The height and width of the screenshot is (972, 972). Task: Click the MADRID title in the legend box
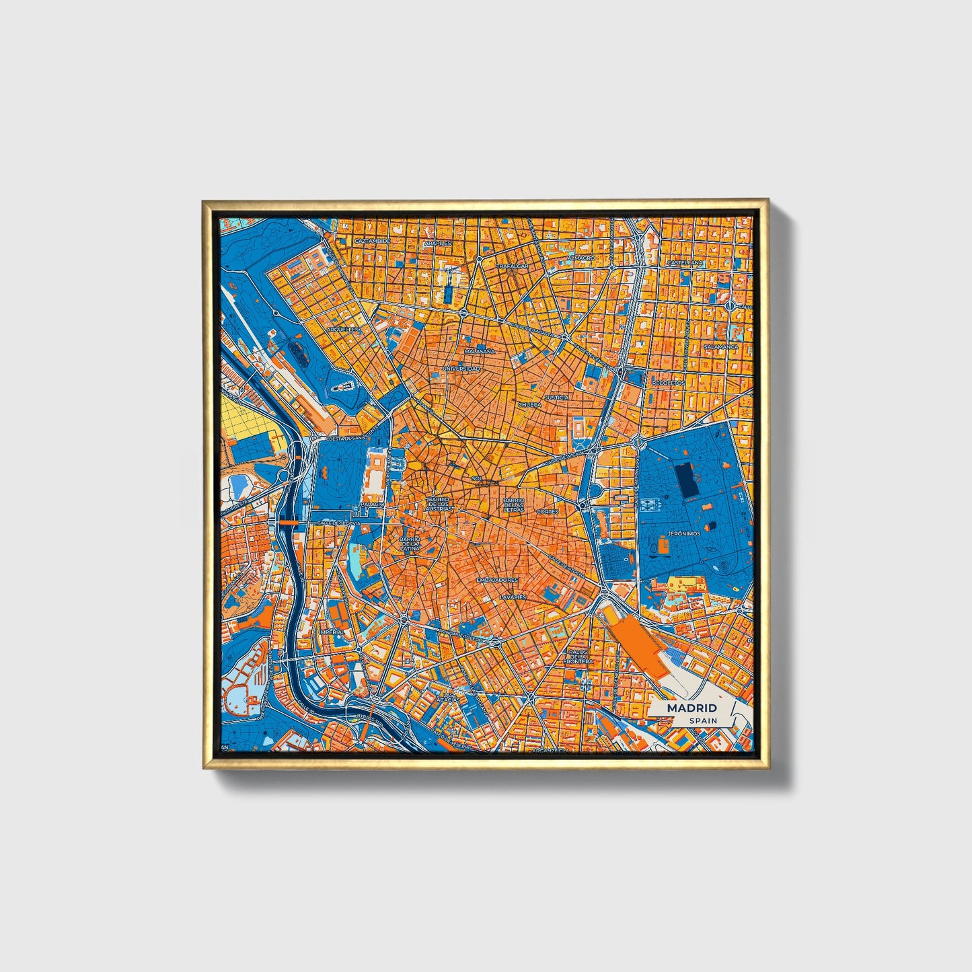pyautogui.click(x=691, y=708)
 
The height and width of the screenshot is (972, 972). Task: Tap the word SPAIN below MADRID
pyautogui.click(x=702, y=720)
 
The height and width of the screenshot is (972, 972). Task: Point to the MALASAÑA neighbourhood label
pyautogui.click(x=480, y=351)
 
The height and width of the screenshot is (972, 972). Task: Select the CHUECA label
pyautogui.click(x=529, y=405)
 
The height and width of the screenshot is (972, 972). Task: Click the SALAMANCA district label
pyautogui.click(x=720, y=347)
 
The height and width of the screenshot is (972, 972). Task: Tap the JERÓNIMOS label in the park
pyautogui.click(x=683, y=533)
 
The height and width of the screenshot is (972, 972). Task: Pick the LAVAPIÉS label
pyautogui.click(x=512, y=597)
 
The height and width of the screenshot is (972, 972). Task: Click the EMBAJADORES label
pyautogui.click(x=496, y=579)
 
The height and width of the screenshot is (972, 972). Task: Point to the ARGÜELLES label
pyautogui.click(x=342, y=330)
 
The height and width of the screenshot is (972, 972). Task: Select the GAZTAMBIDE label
pyautogui.click(x=372, y=240)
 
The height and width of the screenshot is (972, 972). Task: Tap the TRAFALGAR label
pyautogui.click(x=513, y=266)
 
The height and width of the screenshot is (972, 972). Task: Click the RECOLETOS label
pyautogui.click(x=668, y=383)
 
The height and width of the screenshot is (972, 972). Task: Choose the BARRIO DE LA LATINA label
pyautogui.click(x=410, y=544)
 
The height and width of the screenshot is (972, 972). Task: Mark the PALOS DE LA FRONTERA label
pyautogui.click(x=578, y=657)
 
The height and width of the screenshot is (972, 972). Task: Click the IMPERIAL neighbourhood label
pyautogui.click(x=332, y=632)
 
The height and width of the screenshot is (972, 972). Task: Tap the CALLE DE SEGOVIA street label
pyautogui.click(x=339, y=522)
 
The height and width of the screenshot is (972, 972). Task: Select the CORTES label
pyautogui.click(x=548, y=512)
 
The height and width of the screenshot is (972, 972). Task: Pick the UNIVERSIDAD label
pyautogui.click(x=461, y=369)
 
